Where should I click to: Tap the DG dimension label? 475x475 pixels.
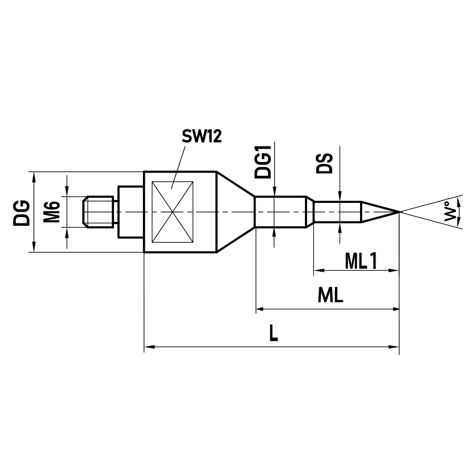click(x=21, y=212)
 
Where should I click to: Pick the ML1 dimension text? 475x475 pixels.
click(x=361, y=261)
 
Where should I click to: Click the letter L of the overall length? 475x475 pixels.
click(x=273, y=334)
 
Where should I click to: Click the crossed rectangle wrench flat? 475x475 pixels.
click(x=171, y=211)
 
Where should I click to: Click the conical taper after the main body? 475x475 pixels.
click(x=235, y=211)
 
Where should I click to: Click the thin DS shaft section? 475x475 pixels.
click(x=337, y=212)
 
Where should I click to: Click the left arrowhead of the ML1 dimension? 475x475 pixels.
click(x=317, y=271)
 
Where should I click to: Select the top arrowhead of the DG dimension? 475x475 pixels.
click(x=33, y=176)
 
